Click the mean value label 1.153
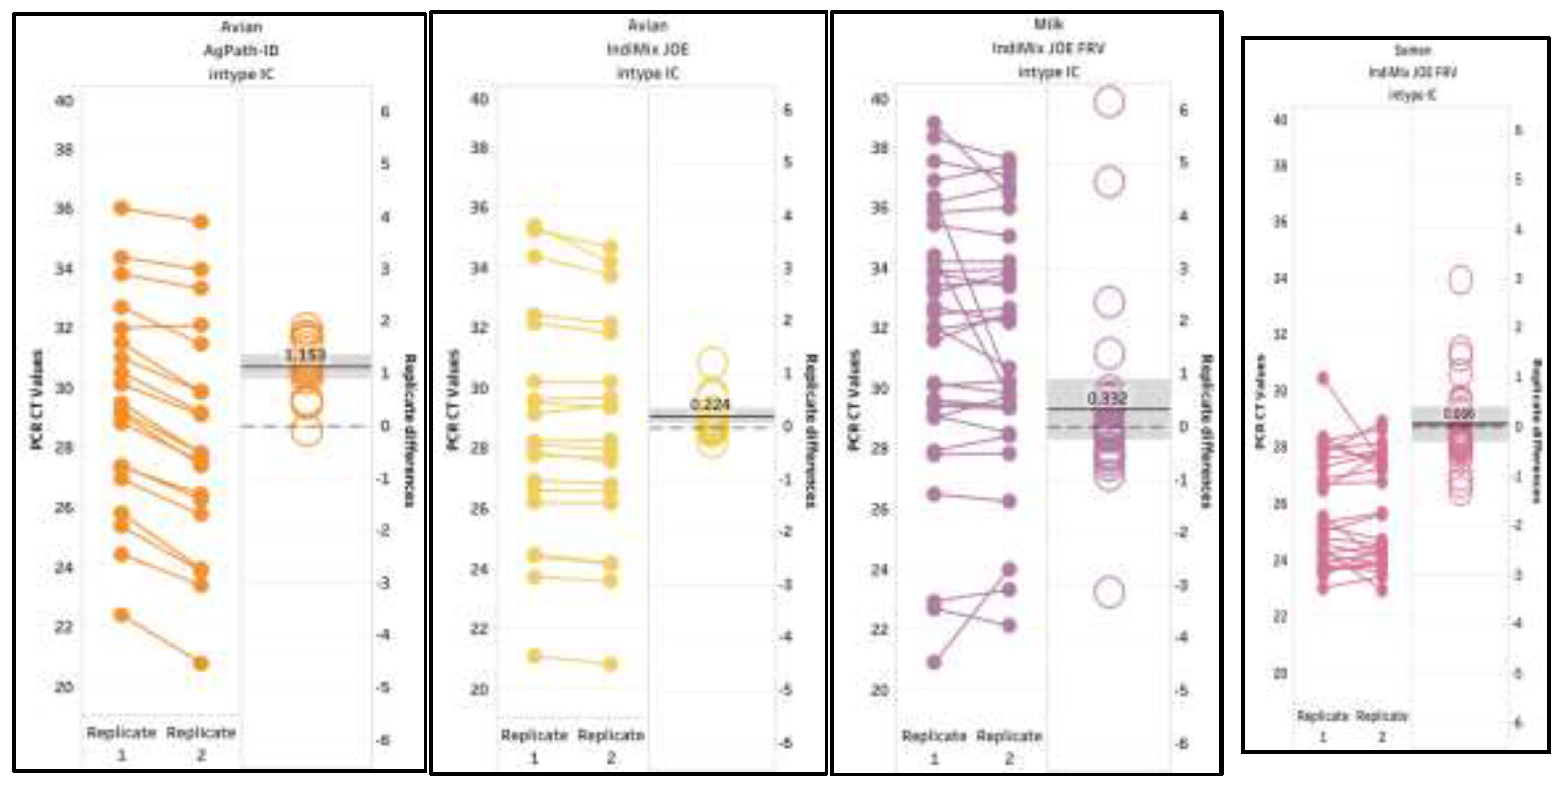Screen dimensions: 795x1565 305,354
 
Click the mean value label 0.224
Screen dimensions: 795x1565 710,404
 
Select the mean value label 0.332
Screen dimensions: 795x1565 1107,398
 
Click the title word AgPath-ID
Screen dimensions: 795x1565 241,50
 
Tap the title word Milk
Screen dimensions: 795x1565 1048,25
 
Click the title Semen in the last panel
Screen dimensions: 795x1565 1412,50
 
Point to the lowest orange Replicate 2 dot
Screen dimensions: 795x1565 201,663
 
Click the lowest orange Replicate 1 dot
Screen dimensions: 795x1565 122,615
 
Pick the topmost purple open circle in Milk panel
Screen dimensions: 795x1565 1109,101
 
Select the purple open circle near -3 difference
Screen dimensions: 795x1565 1109,591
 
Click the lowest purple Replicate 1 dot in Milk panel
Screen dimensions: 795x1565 934,662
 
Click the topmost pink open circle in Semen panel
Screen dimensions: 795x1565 1461,280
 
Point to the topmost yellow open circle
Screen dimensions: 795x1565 712,362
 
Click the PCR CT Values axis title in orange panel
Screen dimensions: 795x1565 38,399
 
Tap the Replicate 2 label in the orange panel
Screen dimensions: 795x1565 201,743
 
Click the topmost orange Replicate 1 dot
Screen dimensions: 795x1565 122,208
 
